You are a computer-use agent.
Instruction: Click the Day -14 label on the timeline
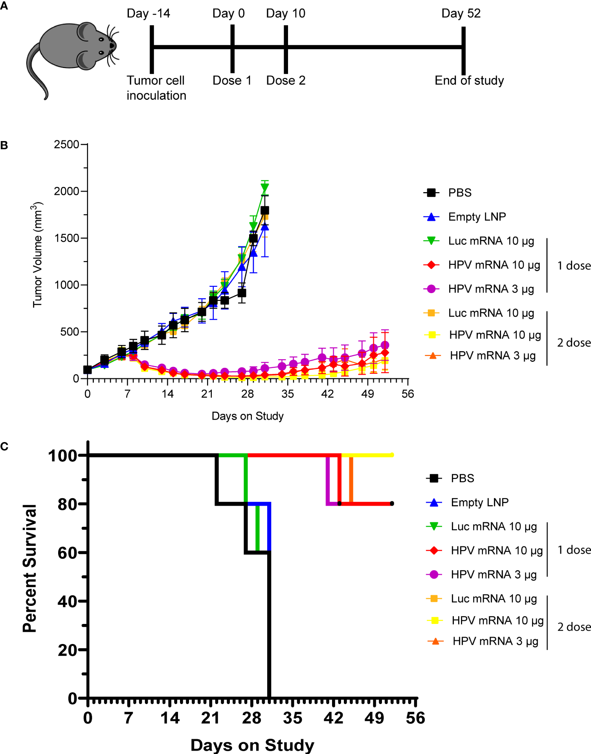(x=148, y=13)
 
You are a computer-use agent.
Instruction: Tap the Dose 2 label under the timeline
(x=286, y=81)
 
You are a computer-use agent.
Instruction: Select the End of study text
(x=469, y=81)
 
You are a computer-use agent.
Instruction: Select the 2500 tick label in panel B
(x=66, y=145)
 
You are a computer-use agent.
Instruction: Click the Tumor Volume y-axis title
(x=37, y=255)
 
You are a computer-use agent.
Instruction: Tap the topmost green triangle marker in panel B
(x=265, y=188)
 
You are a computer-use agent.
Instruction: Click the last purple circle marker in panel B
(x=385, y=345)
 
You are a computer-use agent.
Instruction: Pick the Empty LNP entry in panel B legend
(x=477, y=217)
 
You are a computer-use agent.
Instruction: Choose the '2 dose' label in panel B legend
(x=573, y=343)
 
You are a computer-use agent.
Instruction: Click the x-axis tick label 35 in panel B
(x=287, y=394)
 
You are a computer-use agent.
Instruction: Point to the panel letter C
(x=4, y=446)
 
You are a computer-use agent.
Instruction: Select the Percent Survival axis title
(x=29, y=568)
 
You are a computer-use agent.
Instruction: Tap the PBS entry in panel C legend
(x=462, y=478)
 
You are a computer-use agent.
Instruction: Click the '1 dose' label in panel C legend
(x=573, y=550)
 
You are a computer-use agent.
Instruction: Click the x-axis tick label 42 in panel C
(x=333, y=718)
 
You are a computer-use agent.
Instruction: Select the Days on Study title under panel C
(x=252, y=745)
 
